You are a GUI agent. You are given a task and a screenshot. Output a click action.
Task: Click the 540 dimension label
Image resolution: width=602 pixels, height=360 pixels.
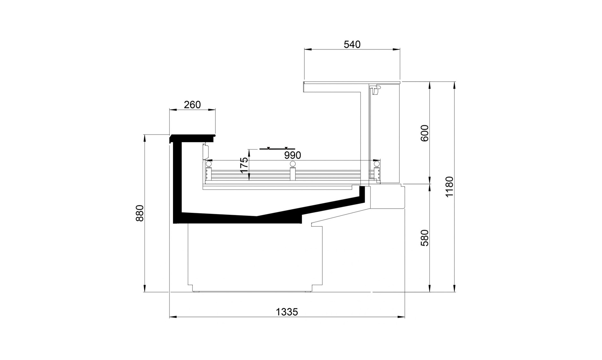tap(352, 44)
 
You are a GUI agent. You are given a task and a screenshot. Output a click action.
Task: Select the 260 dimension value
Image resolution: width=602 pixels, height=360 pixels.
tap(192, 105)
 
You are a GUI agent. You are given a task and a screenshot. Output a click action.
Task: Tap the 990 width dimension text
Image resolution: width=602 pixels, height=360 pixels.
tap(292, 155)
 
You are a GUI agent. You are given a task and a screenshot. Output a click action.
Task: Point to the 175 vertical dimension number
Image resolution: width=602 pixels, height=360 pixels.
tap(244, 165)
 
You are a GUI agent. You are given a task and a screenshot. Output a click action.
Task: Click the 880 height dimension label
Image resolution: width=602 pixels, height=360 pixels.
tap(140, 213)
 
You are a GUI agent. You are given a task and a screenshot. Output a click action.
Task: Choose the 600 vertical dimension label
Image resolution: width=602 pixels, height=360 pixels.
tap(424, 133)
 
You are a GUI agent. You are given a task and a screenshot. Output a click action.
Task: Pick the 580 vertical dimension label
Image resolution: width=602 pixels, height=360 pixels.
tap(424, 238)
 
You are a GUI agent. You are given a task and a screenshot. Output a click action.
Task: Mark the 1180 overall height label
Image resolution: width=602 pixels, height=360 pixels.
tap(449, 187)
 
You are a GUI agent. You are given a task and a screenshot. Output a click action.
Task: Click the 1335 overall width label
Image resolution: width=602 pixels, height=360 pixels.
tap(287, 312)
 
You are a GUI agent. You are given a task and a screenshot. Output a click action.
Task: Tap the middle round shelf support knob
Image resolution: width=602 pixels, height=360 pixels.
tap(292, 164)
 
